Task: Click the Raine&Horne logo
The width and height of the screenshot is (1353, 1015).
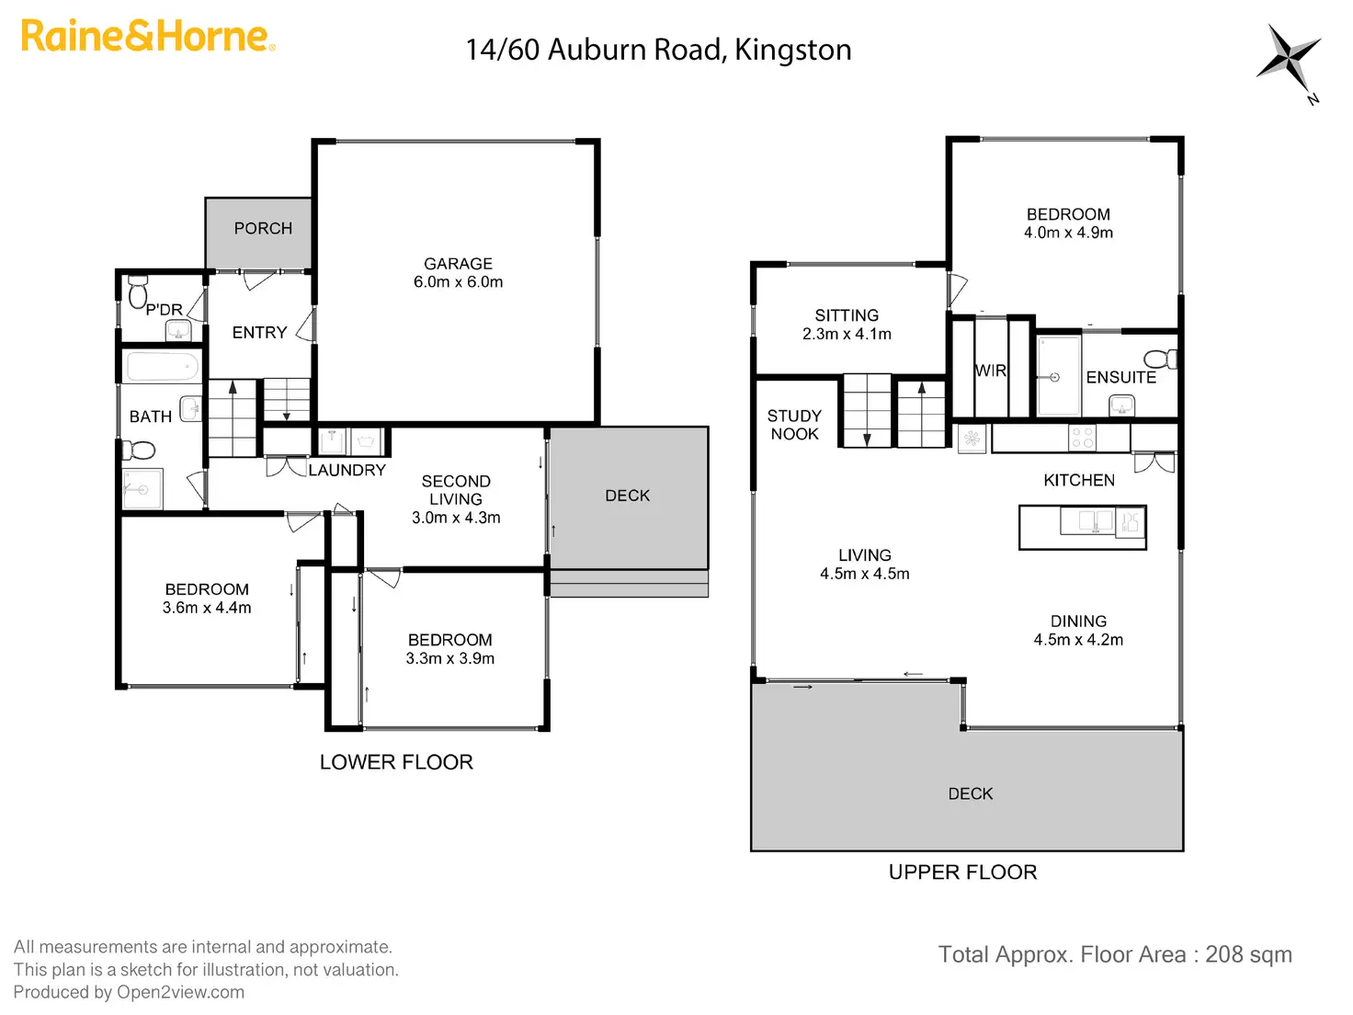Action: tap(147, 37)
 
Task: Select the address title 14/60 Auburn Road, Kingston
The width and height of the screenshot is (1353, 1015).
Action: tap(658, 50)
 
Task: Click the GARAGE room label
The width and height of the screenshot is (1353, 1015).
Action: tap(458, 264)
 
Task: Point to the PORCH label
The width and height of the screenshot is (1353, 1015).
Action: tap(263, 228)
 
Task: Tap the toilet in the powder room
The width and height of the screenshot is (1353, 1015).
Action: tap(138, 291)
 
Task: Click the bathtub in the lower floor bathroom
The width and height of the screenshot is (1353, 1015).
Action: tap(162, 366)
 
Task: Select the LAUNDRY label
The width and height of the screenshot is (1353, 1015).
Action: tap(347, 470)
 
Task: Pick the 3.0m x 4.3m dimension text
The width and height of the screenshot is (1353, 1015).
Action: tap(456, 518)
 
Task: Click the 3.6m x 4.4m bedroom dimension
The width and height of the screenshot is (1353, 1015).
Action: tap(207, 608)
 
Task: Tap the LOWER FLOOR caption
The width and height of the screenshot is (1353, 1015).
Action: tap(396, 762)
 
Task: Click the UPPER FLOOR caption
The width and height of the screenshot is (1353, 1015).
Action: tap(962, 872)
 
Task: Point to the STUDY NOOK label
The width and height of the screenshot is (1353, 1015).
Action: tap(794, 425)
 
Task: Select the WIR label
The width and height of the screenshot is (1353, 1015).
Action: tap(990, 371)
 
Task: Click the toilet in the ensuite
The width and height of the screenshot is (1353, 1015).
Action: tap(1160, 359)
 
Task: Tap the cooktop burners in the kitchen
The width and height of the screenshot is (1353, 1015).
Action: tap(1083, 438)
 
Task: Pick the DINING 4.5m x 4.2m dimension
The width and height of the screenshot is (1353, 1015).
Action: tap(1078, 640)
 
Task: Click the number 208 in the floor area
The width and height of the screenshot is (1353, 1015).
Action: tap(1224, 954)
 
